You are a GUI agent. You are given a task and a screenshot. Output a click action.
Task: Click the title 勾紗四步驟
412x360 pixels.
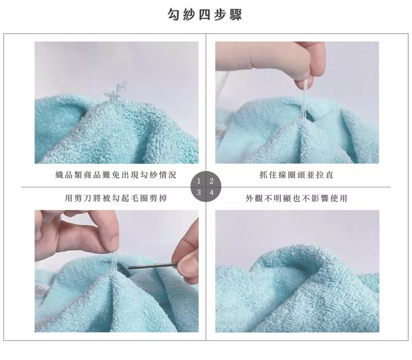[x=205, y=14]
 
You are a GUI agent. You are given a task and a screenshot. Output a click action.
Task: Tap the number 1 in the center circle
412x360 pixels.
[x=199, y=181]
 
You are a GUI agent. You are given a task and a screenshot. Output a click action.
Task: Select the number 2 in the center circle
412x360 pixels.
[x=211, y=181]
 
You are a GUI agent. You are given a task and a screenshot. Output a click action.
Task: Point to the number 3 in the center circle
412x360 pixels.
[x=199, y=192]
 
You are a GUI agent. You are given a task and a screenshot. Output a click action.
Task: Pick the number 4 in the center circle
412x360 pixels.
[x=211, y=192]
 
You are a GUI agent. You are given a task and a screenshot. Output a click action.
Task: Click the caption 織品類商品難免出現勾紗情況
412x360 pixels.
[x=116, y=175]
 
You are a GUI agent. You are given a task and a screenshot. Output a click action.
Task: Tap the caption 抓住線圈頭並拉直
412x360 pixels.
[x=297, y=175]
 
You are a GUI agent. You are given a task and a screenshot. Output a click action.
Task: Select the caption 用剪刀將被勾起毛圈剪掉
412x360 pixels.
[x=116, y=198]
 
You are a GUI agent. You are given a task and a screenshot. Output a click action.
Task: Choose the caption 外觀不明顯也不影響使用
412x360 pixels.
[x=297, y=198]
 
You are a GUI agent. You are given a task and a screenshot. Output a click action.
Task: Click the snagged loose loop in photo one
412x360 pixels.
[x=115, y=92]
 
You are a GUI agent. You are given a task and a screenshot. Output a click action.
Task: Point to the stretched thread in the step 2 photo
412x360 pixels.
[x=304, y=101]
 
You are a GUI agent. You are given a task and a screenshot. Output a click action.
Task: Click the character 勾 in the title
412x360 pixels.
[x=175, y=14]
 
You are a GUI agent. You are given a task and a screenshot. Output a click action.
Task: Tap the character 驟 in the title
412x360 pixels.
[x=236, y=14]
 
